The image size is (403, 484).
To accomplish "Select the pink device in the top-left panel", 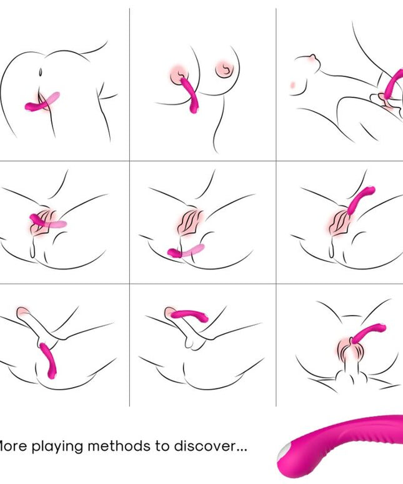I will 42,103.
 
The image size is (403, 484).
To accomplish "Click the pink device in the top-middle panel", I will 191,98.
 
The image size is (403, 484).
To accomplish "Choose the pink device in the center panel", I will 185,251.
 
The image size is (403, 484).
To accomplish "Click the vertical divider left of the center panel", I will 129,219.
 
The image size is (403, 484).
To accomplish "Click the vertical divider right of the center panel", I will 276,219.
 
